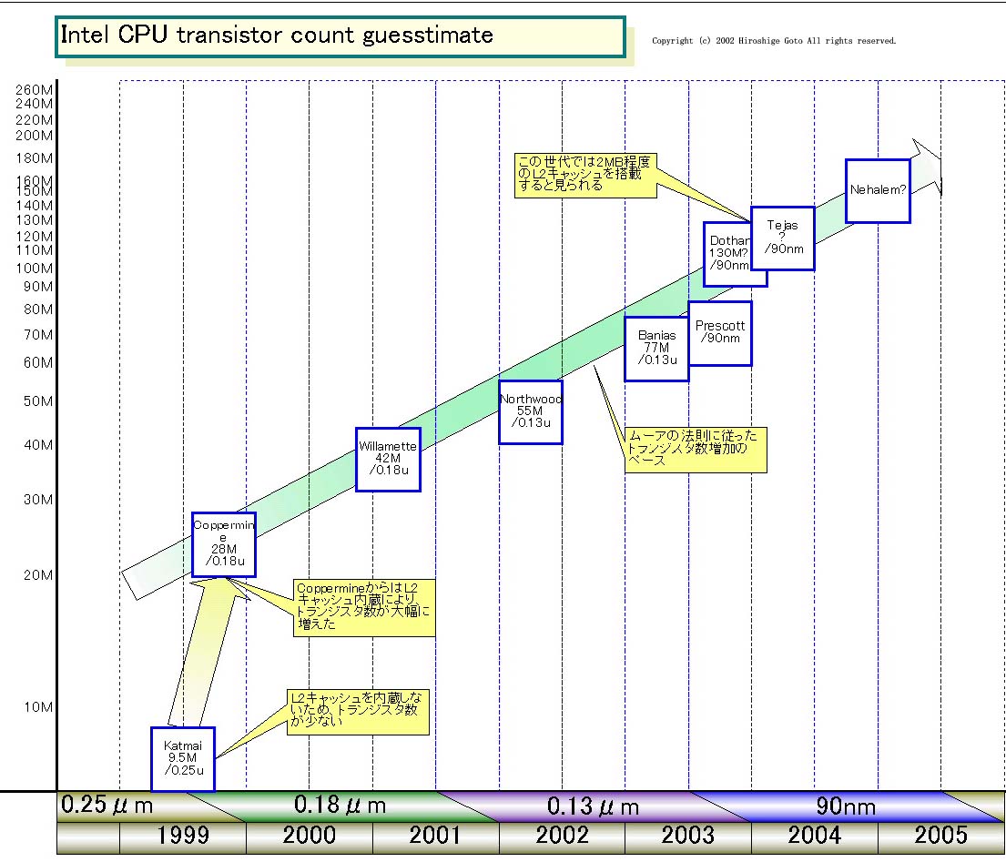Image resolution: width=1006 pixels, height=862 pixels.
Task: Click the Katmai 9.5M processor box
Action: [183, 758]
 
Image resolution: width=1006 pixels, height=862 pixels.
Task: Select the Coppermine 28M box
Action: [223, 544]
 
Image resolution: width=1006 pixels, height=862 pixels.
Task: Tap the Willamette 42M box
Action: [388, 459]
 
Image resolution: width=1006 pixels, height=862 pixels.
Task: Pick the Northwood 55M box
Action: [531, 411]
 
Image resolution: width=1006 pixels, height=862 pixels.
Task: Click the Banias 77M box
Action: [655, 348]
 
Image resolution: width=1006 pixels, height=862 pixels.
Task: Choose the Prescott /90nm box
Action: [720, 333]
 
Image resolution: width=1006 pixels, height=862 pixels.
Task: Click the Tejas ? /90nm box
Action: [782, 238]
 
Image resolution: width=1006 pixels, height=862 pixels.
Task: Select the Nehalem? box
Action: [878, 190]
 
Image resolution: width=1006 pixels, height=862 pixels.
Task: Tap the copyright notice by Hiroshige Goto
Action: [774, 41]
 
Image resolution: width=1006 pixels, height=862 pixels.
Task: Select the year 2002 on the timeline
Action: [562, 835]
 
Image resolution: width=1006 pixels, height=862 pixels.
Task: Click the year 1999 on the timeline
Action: [182, 835]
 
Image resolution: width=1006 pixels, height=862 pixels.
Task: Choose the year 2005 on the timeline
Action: [940, 835]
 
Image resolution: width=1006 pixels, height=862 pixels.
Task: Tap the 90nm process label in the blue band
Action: [846, 806]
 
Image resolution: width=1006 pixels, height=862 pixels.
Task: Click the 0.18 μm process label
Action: [340, 805]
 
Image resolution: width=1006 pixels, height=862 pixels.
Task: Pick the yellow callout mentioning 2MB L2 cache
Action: [584, 174]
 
